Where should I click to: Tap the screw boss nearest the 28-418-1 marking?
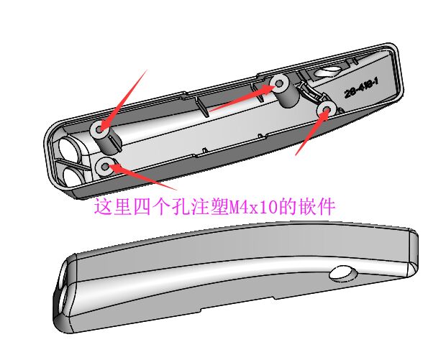(x=327, y=109)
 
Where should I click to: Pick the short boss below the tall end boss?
(x=104, y=166)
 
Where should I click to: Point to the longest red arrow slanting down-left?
(x=124, y=101)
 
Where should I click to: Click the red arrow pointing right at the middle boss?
(x=242, y=98)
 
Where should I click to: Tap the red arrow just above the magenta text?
(x=142, y=177)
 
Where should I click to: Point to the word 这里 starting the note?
(x=112, y=207)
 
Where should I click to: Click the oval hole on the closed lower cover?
(x=343, y=273)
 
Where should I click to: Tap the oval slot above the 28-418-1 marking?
(x=327, y=71)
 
